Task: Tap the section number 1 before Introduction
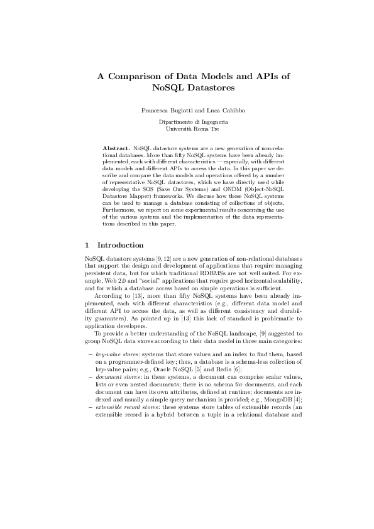(x=87, y=244)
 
